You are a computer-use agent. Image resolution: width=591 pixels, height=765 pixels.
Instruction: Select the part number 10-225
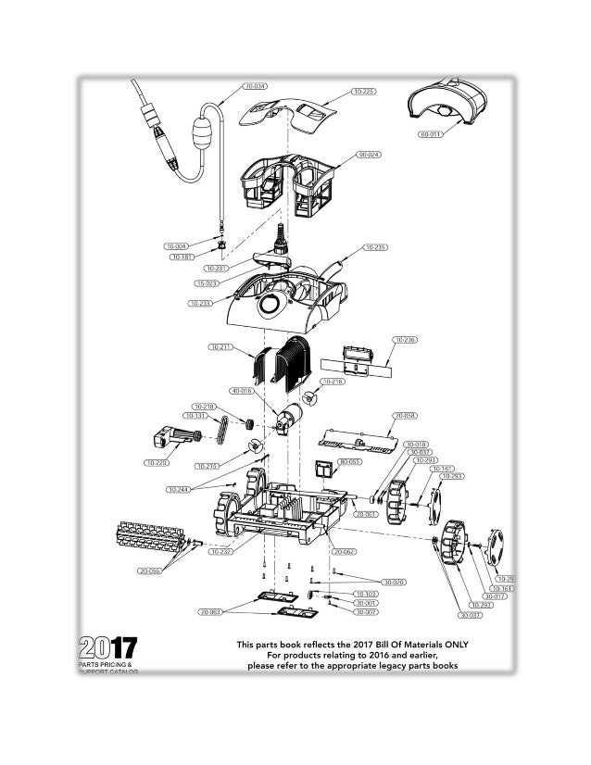(x=364, y=92)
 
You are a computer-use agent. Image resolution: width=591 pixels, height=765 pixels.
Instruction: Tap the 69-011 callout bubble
(x=431, y=133)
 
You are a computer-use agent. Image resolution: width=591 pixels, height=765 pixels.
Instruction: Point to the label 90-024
(x=370, y=154)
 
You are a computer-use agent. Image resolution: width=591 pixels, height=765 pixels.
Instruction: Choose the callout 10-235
(x=375, y=247)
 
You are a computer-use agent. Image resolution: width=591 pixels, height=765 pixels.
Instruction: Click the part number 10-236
(x=405, y=340)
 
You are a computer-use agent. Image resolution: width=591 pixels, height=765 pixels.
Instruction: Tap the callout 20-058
(x=404, y=415)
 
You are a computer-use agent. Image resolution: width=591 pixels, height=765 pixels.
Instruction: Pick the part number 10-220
(x=156, y=461)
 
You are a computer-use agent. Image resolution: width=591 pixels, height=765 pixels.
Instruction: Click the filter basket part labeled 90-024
(x=287, y=181)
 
